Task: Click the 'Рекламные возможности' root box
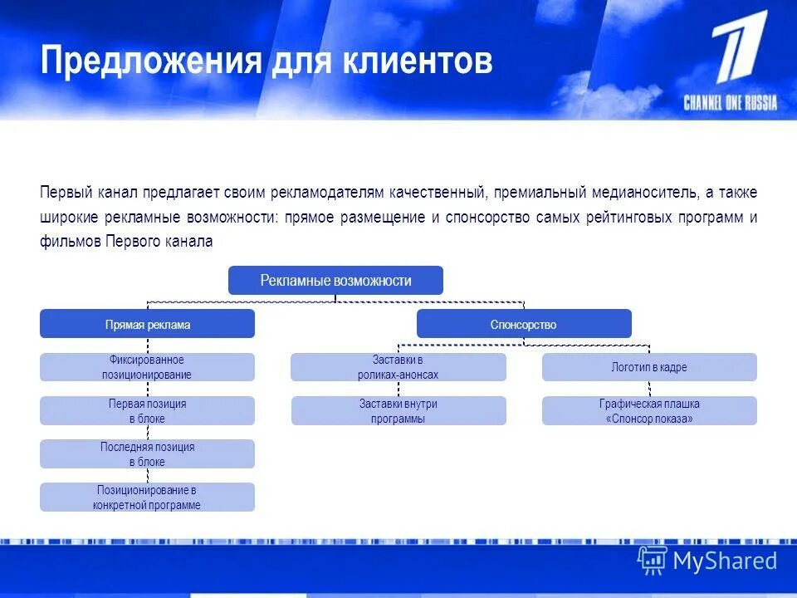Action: tap(335, 281)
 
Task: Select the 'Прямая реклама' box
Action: tap(147, 324)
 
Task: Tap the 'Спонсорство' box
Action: tap(523, 324)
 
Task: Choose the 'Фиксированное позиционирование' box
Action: tap(147, 367)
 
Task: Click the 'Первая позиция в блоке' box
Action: tap(147, 410)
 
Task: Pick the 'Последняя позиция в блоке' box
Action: tap(147, 453)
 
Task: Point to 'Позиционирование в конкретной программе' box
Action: tap(147, 497)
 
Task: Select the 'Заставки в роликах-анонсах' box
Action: tap(398, 367)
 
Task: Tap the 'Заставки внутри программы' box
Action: tap(398, 410)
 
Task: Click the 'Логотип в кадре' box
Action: tap(649, 367)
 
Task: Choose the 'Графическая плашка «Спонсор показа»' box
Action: tap(649, 410)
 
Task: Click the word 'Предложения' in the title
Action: tap(150, 62)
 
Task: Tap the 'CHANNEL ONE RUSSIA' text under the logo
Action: tap(731, 103)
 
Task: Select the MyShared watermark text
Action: tap(725, 561)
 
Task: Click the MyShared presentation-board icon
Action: tap(653, 561)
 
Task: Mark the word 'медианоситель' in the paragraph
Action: tap(644, 193)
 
